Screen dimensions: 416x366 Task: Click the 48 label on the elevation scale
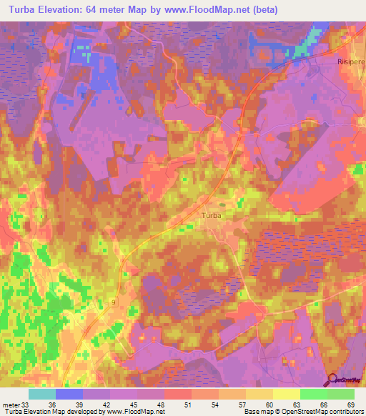click(167, 405)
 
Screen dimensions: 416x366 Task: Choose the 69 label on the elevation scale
click(350, 405)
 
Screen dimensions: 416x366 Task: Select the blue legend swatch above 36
click(69, 394)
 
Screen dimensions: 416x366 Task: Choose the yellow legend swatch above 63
click(287, 394)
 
